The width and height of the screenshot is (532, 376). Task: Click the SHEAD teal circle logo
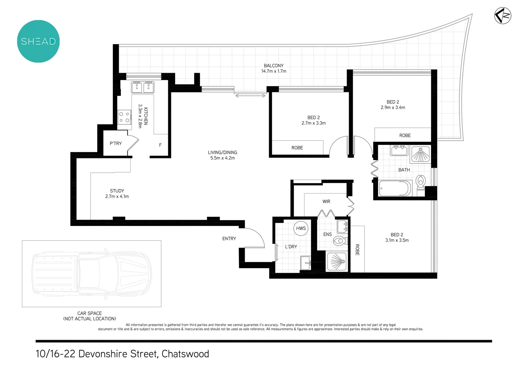38,41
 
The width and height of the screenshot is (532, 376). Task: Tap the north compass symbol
503,16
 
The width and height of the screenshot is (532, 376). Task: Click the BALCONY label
274,66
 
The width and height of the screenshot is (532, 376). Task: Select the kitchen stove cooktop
124,117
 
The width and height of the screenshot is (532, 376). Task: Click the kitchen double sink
143,87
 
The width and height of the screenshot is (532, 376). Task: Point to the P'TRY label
116,143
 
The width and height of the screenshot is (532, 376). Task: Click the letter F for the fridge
160,145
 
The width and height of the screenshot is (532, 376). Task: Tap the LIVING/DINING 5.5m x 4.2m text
222,155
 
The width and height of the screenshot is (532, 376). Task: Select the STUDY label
117,191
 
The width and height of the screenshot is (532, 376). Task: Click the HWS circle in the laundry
301,228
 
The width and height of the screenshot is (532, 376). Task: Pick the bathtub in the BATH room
395,188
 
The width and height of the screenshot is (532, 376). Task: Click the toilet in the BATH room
421,182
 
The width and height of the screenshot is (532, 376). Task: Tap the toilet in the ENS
339,241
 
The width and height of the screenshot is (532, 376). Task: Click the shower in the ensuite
337,261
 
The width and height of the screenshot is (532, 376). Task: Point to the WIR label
326,202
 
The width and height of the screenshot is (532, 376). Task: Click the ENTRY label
229,238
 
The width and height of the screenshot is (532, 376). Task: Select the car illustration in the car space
92,274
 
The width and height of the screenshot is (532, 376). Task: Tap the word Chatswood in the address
185,354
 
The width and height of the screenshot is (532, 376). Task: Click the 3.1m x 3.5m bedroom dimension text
397,240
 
